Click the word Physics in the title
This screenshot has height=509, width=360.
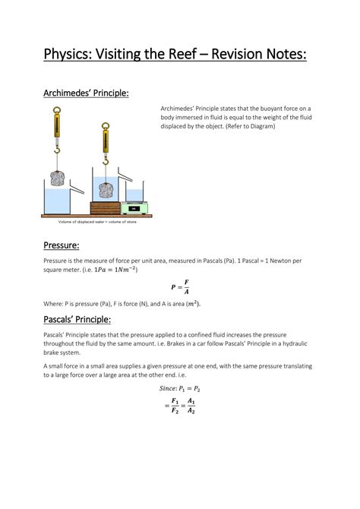coord(67,55)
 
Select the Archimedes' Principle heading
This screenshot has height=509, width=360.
coord(86,93)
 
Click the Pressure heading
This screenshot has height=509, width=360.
coord(62,245)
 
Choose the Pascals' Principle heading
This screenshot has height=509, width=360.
coord(77,319)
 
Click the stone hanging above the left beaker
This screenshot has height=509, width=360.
coord(56,179)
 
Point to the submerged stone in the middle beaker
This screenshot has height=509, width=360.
coord(106,189)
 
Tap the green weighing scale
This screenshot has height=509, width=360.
coord(134,207)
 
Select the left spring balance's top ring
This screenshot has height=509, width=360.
coord(56,109)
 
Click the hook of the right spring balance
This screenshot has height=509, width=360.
coord(105,162)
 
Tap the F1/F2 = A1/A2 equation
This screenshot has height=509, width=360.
coord(180,406)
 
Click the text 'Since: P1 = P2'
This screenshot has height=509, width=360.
coord(180,388)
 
